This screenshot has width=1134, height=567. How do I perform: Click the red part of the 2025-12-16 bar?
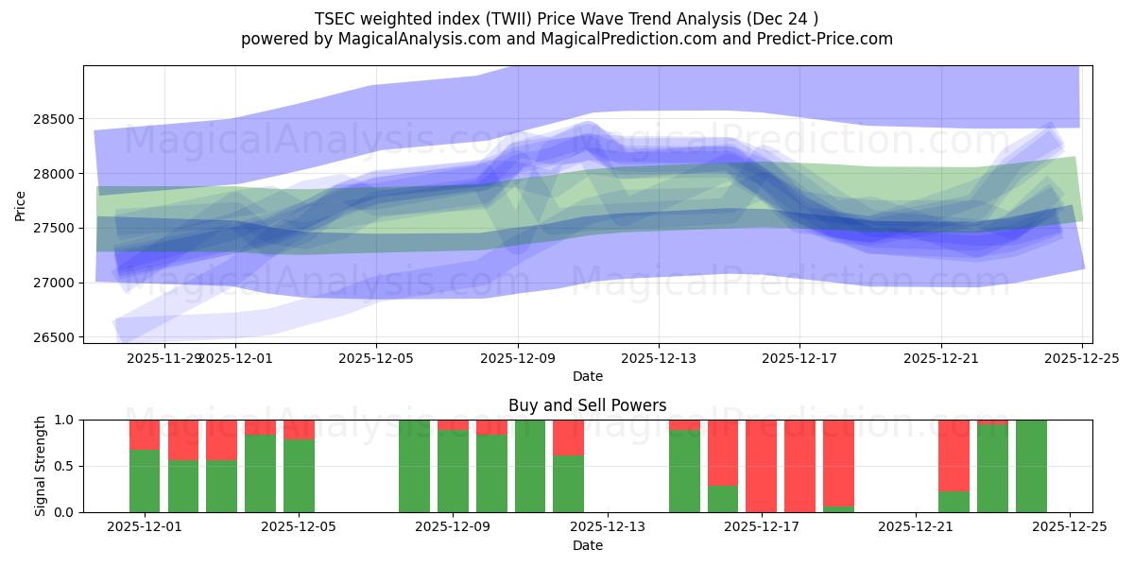pos(723,452)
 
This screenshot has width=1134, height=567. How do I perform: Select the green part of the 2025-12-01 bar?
pos(145,481)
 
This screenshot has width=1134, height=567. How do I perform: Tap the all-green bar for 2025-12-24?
pos(1031,466)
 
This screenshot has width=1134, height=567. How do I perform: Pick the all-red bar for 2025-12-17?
pos(762,466)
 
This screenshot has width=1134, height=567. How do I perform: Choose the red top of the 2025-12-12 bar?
pos(568,438)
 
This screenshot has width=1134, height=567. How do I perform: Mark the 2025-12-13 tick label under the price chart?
pos(659,358)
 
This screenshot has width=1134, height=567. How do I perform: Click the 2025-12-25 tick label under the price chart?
pos(1082,358)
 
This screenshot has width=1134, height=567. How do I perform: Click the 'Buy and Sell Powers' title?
pos(587,405)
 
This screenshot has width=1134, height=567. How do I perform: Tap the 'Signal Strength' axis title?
pos(40,466)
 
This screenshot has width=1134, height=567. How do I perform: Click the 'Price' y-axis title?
pos(21,204)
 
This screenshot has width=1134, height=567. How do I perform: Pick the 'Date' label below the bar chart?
pos(587,545)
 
